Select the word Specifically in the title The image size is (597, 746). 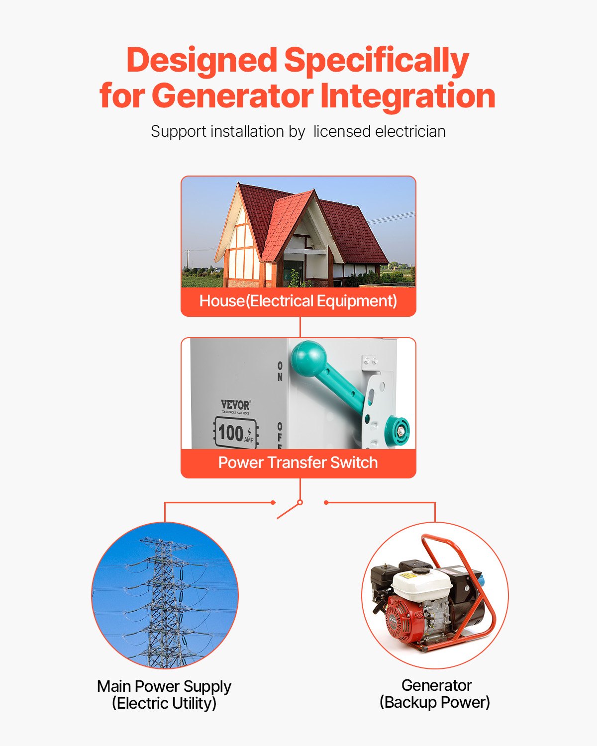pos(376,61)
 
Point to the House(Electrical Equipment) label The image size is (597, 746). pos(298,301)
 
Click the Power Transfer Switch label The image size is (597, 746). pos(298,463)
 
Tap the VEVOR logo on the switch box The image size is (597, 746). pos(235,405)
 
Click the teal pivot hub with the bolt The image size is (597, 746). pos(398,429)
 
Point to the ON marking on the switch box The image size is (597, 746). pos(280,371)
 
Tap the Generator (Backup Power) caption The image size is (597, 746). pos(435,693)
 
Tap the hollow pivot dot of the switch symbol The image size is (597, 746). pos(300,502)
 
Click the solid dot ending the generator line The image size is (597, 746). pos(326,502)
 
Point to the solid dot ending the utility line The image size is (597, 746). pos(273,502)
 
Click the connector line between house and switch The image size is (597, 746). pos(300,327)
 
